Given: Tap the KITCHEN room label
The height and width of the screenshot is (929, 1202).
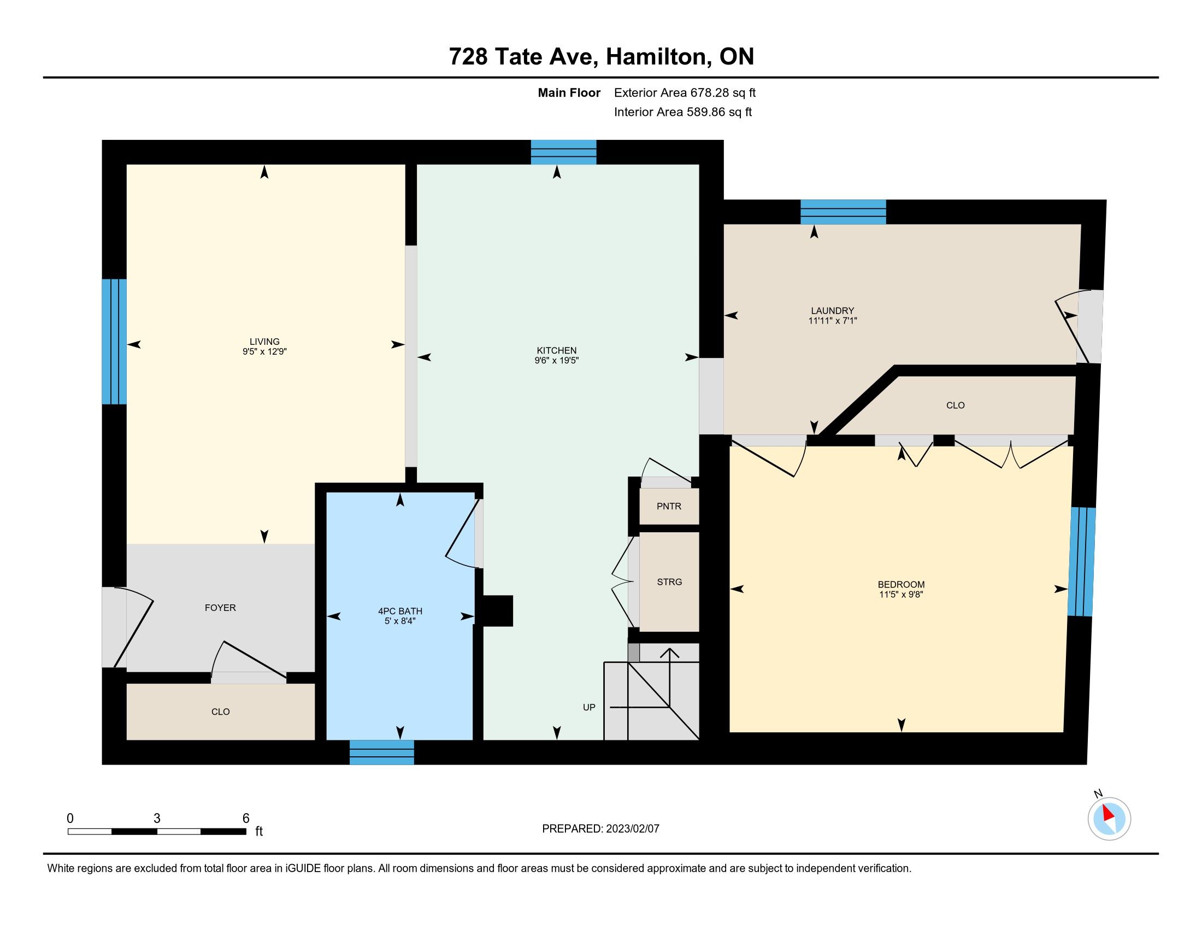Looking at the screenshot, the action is [x=556, y=351].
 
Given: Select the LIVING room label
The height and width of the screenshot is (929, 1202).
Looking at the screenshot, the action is [x=265, y=342].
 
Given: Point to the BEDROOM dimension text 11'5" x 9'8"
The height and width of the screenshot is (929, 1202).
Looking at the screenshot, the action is [x=901, y=595].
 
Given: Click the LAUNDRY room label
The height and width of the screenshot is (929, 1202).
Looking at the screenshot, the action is [x=832, y=310].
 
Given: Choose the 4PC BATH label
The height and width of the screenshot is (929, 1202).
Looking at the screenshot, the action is [x=400, y=611].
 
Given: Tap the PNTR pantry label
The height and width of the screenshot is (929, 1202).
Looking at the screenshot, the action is [x=669, y=507].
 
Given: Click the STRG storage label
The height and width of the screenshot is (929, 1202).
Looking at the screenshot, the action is [x=669, y=582].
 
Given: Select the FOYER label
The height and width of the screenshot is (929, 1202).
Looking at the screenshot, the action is [x=220, y=608].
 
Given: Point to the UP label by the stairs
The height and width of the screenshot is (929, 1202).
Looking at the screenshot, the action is [x=589, y=707].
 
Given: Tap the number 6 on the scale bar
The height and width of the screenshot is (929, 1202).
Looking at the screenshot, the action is [x=246, y=818].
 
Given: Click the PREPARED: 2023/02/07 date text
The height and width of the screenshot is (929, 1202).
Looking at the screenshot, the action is [x=600, y=829].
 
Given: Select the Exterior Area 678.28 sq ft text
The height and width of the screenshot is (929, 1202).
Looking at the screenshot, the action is [x=685, y=92].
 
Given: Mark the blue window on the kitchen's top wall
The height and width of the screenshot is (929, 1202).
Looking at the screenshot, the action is [x=564, y=152].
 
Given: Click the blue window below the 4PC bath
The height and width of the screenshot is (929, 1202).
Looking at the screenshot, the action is [x=382, y=752].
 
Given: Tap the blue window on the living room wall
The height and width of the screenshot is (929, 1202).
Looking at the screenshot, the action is [x=115, y=342].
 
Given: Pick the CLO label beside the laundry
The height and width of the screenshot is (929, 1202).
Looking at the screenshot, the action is [x=956, y=405].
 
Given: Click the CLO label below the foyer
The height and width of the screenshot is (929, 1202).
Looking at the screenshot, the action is [x=220, y=712].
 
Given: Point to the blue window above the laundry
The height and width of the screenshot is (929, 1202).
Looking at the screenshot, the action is [x=843, y=212].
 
